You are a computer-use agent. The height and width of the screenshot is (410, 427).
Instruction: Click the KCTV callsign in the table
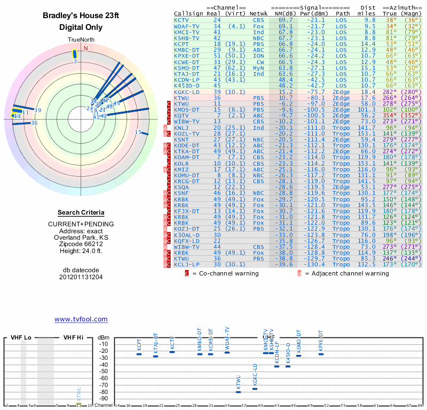point(183,20)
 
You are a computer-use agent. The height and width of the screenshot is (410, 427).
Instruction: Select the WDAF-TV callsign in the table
point(186,26)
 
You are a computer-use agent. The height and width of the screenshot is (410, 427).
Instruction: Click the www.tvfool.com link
point(81,319)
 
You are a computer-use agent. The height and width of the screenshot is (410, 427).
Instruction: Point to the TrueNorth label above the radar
point(80,40)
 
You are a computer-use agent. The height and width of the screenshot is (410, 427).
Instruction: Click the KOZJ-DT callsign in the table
point(186,228)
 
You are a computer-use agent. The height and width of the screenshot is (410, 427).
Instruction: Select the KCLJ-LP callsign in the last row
point(186,264)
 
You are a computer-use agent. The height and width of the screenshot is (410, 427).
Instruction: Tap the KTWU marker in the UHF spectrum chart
point(238,392)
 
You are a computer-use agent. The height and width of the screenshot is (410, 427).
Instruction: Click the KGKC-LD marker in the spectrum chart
point(255,389)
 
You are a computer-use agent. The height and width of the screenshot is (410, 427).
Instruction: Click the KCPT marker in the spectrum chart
point(139,354)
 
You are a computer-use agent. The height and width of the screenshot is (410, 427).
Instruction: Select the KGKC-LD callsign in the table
point(186,92)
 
